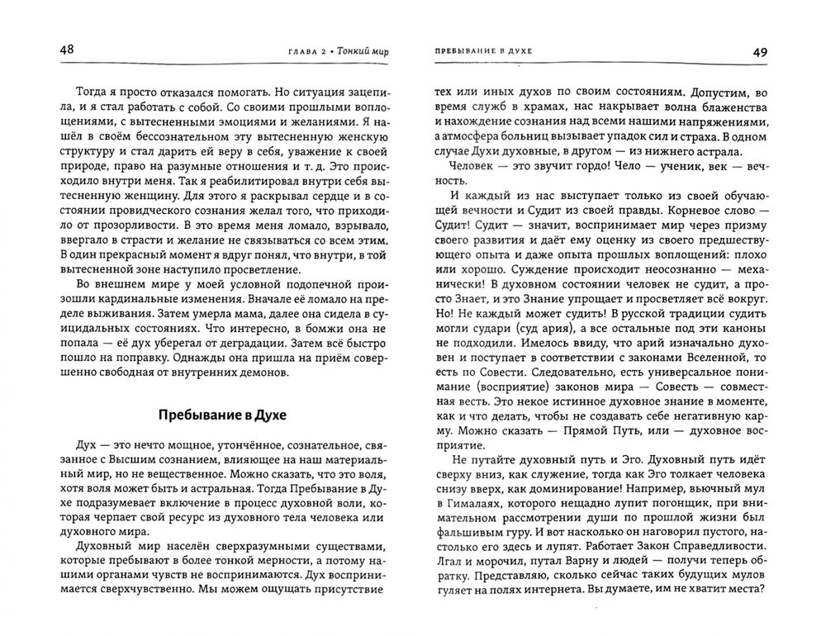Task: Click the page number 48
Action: pyautogui.click(x=67, y=50)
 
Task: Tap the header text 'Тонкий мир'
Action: pyautogui.click(x=363, y=51)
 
